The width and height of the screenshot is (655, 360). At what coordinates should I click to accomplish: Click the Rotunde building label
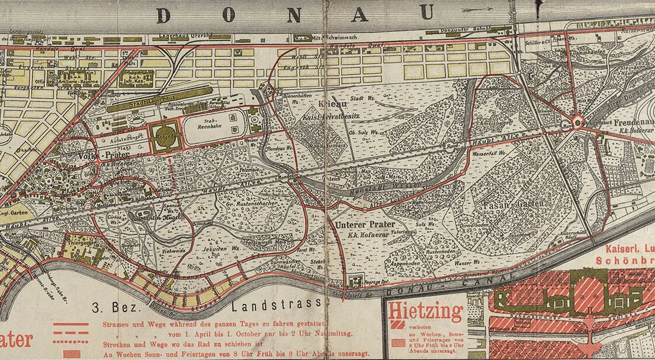pos(165,133)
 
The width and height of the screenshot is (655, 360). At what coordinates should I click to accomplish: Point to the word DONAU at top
pos(296,14)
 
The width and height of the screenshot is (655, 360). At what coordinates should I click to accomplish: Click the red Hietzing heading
pos(425,311)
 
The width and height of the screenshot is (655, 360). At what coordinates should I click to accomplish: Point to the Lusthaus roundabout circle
pos(578,122)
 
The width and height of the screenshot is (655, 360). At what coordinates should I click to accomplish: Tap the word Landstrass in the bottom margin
pos(277,306)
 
